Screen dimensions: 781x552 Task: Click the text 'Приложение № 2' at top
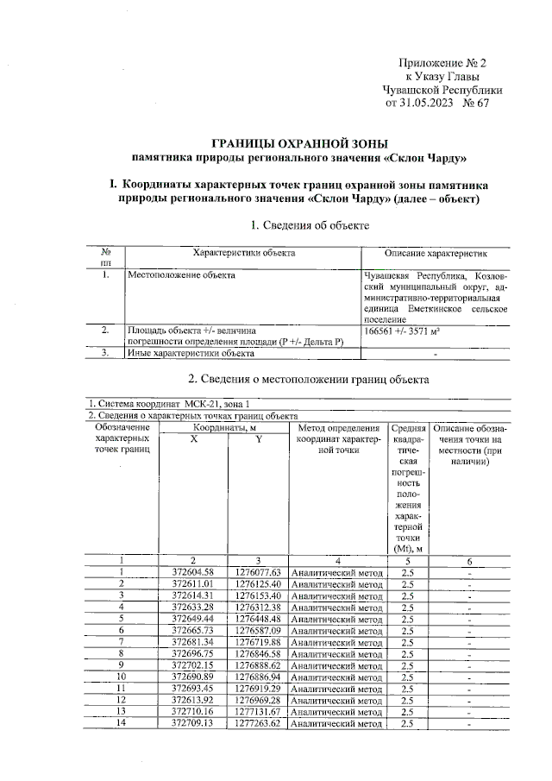[443, 63]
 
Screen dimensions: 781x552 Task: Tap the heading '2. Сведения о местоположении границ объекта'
[308, 379]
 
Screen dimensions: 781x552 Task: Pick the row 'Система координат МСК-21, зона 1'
[172, 404]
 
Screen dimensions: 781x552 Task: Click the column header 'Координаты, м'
[225, 427]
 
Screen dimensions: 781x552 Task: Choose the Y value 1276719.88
[259, 643]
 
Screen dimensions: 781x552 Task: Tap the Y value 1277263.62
[259, 724]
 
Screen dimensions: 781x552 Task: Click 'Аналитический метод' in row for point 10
[336, 677]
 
